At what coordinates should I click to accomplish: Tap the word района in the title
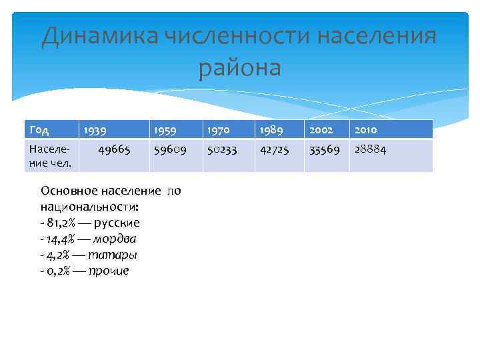(x=240, y=67)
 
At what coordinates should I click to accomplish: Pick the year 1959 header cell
(x=165, y=130)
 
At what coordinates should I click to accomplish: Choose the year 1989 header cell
(x=271, y=130)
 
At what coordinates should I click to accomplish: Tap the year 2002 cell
(x=321, y=130)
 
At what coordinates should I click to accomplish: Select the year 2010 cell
(x=366, y=130)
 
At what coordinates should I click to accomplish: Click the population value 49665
(x=114, y=151)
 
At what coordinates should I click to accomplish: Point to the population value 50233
(x=222, y=151)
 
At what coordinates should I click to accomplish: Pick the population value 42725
(x=274, y=151)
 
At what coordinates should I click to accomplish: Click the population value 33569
(x=324, y=151)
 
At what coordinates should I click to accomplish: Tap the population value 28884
(x=370, y=151)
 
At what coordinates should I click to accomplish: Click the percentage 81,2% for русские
(x=61, y=223)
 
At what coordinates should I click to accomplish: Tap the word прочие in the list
(x=109, y=271)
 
